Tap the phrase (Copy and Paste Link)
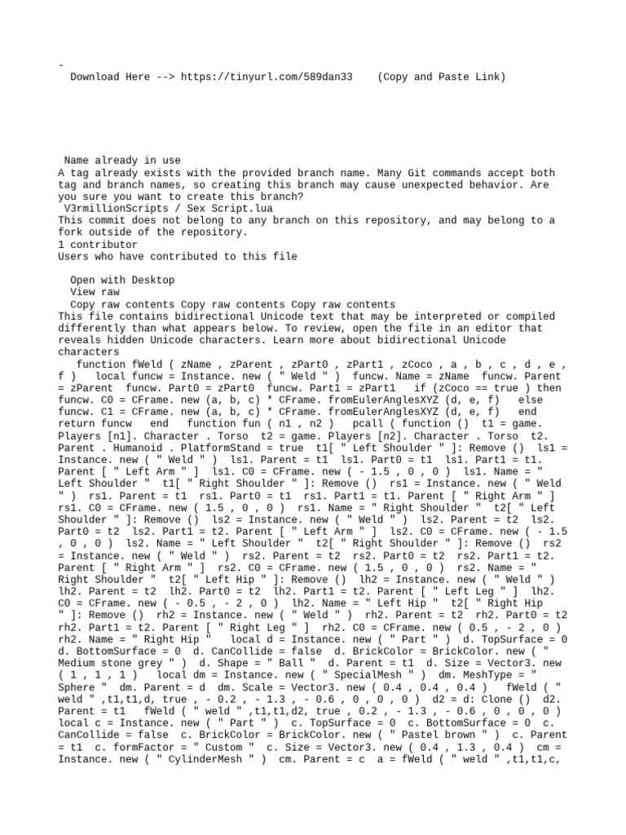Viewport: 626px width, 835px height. coord(442,77)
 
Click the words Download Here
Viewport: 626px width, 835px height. coord(110,77)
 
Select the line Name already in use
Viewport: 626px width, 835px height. coord(122,161)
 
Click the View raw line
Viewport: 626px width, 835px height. coord(95,291)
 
